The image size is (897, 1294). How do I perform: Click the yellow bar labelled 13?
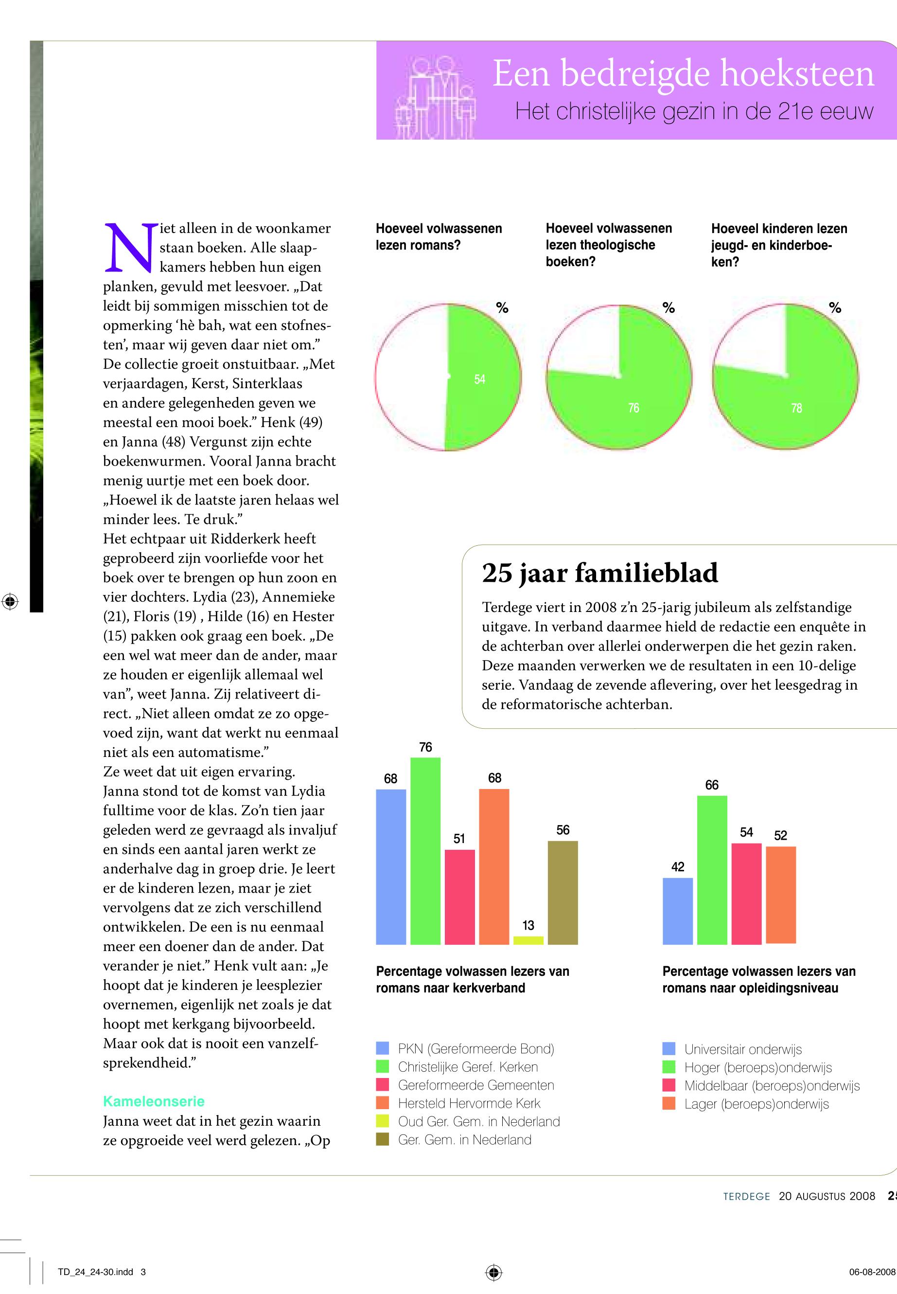pyautogui.click(x=528, y=940)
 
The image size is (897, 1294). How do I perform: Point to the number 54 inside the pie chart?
pyautogui.click(x=479, y=379)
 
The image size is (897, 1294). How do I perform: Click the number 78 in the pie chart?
pyautogui.click(x=796, y=408)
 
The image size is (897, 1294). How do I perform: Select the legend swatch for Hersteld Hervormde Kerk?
pyautogui.click(x=383, y=1103)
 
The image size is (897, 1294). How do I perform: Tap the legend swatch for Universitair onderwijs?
pyautogui.click(x=669, y=1048)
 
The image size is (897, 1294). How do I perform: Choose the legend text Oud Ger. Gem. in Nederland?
pyautogui.click(x=479, y=1121)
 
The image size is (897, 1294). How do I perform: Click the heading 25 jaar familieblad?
pyautogui.click(x=599, y=573)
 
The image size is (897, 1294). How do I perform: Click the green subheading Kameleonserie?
pyautogui.click(x=154, y=1101)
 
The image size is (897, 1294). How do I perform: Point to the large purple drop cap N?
pyautogui.click(x=130, y=248)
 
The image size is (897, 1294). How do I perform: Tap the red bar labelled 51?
pyautogui.click(x=460, y=897)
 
